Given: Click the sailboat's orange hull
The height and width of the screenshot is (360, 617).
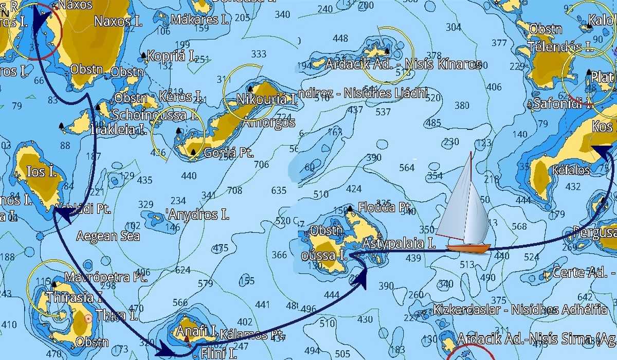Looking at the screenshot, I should point(468,248).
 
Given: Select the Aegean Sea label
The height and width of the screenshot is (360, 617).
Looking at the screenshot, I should point(108,236).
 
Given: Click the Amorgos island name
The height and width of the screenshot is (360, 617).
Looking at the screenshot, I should point(268,122).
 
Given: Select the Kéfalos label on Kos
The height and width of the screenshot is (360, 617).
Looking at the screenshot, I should point(571,170).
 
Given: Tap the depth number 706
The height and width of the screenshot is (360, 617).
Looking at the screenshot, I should point(261,165).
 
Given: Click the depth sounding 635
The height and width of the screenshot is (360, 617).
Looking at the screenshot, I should point(278,190).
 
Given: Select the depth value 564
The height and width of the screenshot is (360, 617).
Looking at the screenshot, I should point(406,168).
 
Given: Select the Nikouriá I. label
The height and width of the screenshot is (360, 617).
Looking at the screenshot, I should point(266,99).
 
